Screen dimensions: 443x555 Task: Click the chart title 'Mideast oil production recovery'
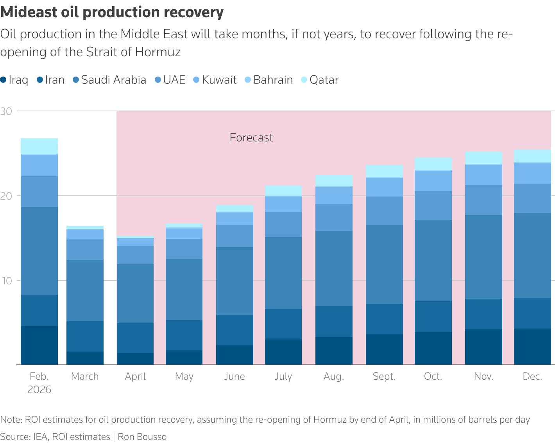[x=112, y=12]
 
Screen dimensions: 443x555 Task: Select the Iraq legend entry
[x=14, y=80]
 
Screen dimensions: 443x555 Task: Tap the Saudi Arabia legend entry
[x=109, y=80]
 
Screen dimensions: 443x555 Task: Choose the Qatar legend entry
[x=320, y=80]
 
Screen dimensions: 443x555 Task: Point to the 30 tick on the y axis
[x=6, y=111]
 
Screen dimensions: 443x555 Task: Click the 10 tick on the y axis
[x=6, y=280]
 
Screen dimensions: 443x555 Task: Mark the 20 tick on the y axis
[x=6, y=196]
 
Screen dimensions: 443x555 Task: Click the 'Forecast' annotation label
[x=251, y=138]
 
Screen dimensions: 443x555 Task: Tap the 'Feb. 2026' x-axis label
[x=39, y=382]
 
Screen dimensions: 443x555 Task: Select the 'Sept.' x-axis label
[x=384, y=376]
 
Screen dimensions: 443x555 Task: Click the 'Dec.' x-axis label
[x=532, y=376]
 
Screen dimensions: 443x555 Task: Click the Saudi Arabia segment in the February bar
[x=39, y=251]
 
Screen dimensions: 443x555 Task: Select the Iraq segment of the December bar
[x=532, y=347]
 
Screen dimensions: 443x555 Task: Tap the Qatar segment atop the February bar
[x=39, y=146]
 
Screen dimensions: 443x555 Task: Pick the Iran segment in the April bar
[x=135, y=338]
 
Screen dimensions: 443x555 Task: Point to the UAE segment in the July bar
[x=283, y=224]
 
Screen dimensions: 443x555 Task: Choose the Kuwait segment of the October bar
[x=433, y=180]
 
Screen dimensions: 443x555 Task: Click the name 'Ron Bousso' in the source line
[x=142, y=436]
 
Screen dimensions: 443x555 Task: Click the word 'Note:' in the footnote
[x=11, y=420]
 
